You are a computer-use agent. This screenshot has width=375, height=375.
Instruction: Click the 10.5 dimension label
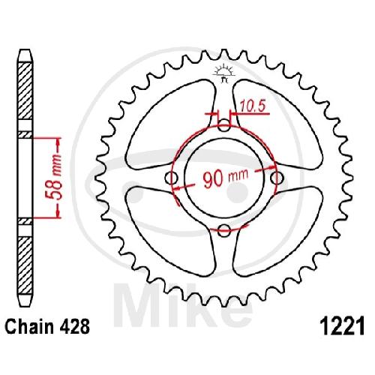pos(252,106)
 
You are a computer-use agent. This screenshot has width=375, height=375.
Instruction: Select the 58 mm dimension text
pos(53,177)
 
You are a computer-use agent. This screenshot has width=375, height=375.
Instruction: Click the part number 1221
pos(343,326)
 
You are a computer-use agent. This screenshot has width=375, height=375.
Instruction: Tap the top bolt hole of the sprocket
pos(223,125)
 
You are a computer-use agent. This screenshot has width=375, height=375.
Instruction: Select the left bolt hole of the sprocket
pos(172,178)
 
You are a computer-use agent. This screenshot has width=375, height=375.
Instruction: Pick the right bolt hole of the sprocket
pos(277,178)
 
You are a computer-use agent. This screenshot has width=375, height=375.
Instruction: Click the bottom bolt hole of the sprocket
pos(223,230)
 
